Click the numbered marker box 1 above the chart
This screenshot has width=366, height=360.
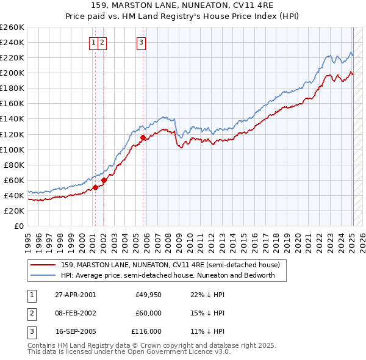click(x=94, y=42)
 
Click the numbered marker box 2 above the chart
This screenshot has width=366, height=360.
click(x=102, y=42)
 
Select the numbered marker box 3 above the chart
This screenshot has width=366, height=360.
click(x=141, y=42)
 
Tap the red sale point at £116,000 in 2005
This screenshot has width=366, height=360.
click(x=143, y=138)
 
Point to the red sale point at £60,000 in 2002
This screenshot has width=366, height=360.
click(x=104, y=180)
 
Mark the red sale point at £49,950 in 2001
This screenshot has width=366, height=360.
click(x=96, y=188)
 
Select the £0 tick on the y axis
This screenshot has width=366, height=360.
click(x=18, y=226)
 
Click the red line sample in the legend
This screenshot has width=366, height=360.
click(x=42, y=265)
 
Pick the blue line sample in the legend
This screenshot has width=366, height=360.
click(x=42, y=275)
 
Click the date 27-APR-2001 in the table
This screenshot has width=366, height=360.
click(x=75, y=295)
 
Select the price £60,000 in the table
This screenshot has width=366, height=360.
click(x=148, y=313)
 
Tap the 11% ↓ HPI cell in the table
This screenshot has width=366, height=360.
click(x=207, y=331)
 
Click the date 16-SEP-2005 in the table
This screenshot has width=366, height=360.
click(x=75, y=331)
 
